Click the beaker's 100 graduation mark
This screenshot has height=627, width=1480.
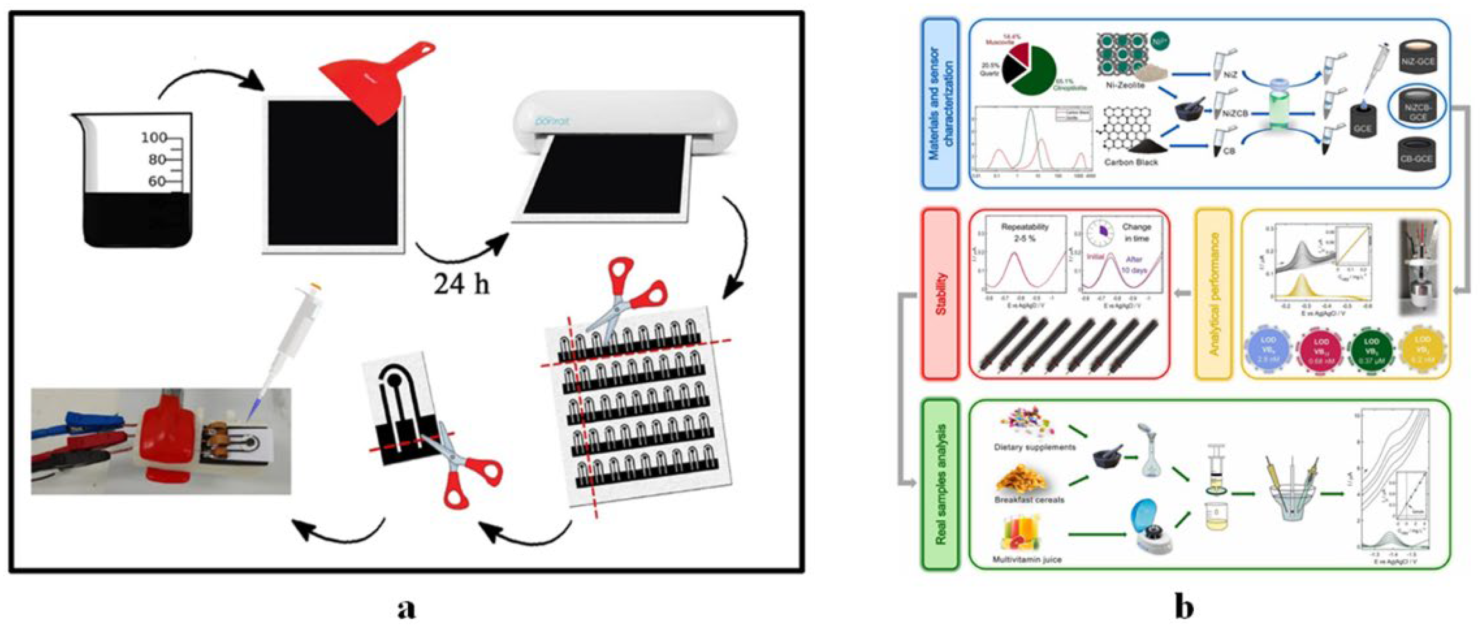pyautogui.click(x=154, y=138)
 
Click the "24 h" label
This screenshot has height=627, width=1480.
pyautogui.click(x=461, y=283)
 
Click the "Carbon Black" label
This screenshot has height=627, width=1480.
pyautogui.click(x=1131, y=163)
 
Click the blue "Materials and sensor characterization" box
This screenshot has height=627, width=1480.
pyautogui.click(x=940, y=104)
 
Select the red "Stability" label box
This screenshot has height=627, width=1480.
pyautogui.click(x=940, y=293)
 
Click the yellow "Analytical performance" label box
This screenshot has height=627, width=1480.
pyautogui.click(x=1213, y=293)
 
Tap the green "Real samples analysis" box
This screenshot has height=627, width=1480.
pyautogui.click(x=940, y=484)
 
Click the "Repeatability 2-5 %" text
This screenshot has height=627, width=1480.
pyautogui.click(x=1025, y=232)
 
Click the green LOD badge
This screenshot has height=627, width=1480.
pyautogui.click(x=1371, y=350)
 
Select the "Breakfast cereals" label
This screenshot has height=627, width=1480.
pyautogui.click(x=1029, y=500)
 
